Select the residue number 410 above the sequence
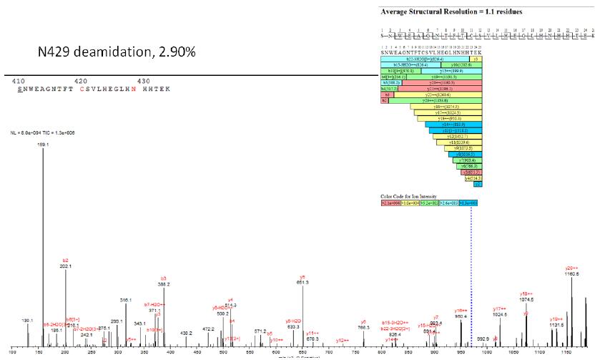(x=19, y=81)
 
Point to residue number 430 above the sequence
(x=143, y=81)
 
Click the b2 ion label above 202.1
(x=66, y=260)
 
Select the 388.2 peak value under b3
(x=163, y=284)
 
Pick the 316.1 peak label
(x=126, y=300)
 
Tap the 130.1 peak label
(x=28, y=320)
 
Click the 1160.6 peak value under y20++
(x=572, y=274)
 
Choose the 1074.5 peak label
(x=526, y=300)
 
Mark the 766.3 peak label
(x=363, y=327)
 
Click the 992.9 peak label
(x=483, y=338)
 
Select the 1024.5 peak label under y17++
(x=500, y=314)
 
